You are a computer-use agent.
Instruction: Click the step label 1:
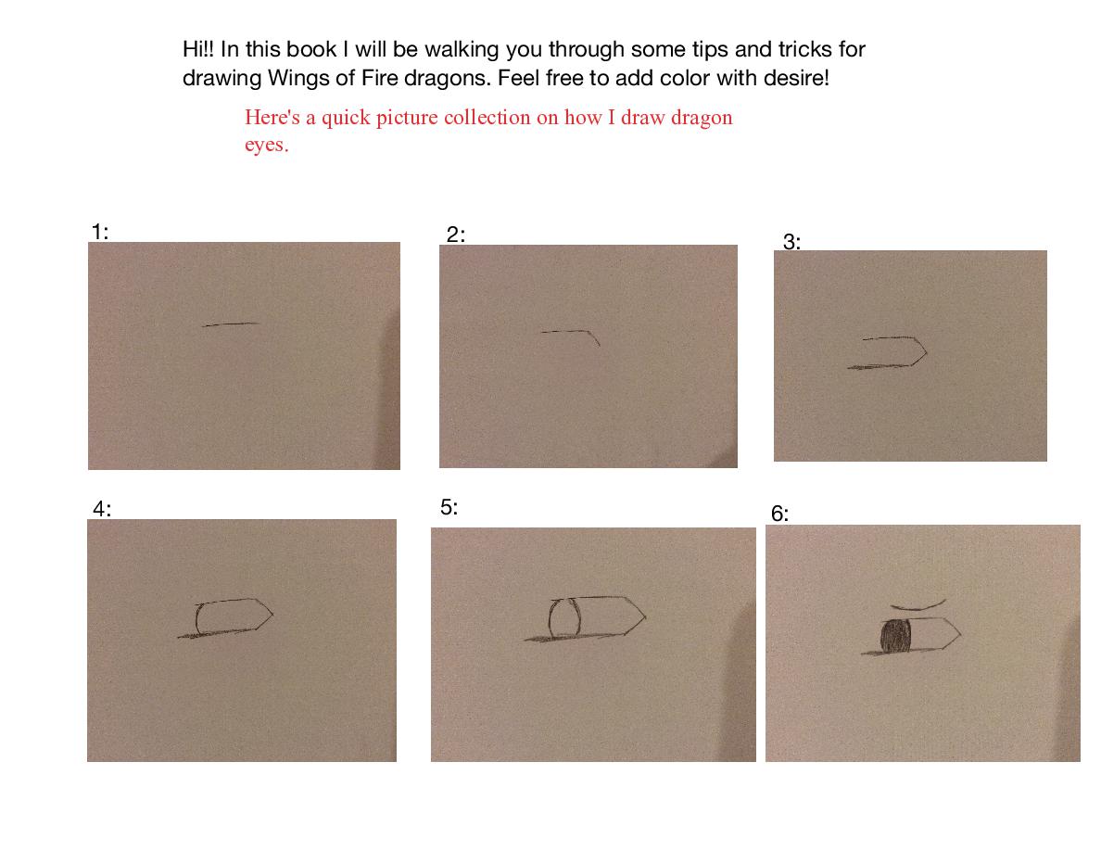tap(100, 232)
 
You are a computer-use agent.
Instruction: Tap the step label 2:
tap(456, 235)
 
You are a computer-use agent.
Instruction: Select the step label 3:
tap(792, 242)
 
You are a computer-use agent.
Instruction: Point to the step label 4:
tap(102, 509)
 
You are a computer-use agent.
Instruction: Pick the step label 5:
tap(449, 507)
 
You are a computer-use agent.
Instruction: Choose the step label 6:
tap(780, 514)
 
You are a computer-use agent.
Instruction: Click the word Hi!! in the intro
tap(198, 49)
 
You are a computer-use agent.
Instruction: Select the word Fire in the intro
tap(380, 77)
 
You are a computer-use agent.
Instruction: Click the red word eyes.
tap(267, 146)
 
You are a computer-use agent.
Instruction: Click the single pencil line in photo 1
tap(231, 324)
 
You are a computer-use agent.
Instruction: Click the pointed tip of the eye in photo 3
tap(927, 352)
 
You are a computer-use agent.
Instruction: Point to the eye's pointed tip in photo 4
tap(272, 615)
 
